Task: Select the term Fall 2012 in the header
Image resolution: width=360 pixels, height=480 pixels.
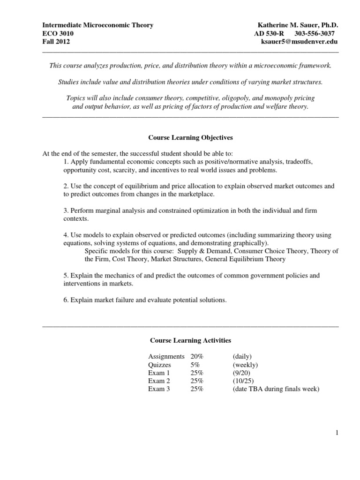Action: coord(56,42)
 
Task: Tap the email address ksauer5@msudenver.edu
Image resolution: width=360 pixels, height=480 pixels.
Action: coord(299,42)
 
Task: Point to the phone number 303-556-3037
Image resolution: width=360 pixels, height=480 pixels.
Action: coord(315,33)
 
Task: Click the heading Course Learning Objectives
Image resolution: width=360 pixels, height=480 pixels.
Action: coord(190,138)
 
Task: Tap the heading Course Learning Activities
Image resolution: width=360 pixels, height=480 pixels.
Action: coord(190,340)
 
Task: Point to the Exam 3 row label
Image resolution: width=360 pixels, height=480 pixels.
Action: coord(159,389)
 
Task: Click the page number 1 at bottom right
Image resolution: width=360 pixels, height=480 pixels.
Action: coord(337,433)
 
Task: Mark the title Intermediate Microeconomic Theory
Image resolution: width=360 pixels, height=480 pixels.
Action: coord(97,25)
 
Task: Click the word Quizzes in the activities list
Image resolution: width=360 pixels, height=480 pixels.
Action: coord(159,365)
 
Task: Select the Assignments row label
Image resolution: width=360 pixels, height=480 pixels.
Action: coord(166,357)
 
